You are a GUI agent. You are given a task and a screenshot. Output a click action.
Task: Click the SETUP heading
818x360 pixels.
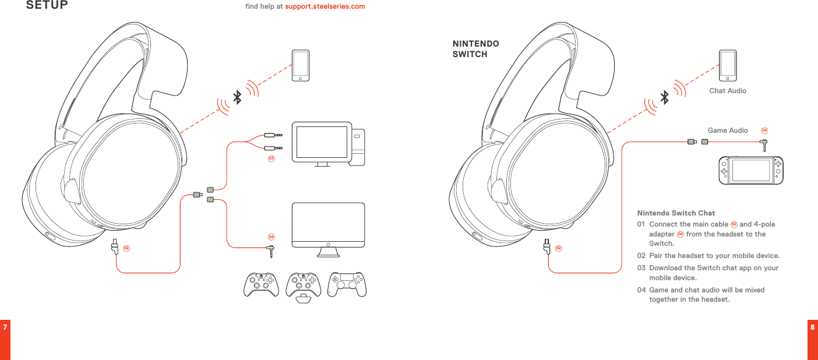[x=47, y=6]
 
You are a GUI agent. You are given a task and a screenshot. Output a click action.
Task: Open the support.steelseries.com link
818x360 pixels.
[x=325, y=6]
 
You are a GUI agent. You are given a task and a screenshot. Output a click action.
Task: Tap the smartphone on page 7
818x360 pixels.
[x=301, y=65]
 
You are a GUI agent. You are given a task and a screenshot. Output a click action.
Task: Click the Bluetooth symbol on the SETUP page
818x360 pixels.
[x=237, y=97]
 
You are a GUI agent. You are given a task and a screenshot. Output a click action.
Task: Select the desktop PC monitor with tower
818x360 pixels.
[x=329, y=143]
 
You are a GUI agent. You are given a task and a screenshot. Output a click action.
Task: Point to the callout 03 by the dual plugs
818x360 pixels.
[x=271, y=158]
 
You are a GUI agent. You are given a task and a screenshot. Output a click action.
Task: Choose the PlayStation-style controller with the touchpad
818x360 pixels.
[x=347, y=284]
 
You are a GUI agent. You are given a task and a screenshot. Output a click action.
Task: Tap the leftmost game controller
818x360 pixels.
[x=261, y=284]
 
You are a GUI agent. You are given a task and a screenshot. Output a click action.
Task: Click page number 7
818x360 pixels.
[x=5, y=327]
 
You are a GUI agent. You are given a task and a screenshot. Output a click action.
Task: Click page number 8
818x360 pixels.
[x=812, y=327]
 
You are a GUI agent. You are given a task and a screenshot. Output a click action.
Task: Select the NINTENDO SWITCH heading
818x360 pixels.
[x=475, y=49]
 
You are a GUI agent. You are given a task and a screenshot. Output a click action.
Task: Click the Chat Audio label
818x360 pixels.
[x=727, y=91]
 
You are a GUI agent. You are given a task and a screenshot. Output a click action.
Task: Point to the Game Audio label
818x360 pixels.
[x=727, y=130]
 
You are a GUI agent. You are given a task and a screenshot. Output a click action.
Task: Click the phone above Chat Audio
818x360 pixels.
[x=727, y=65]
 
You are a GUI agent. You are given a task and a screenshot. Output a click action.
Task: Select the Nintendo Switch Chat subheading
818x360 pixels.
[x=676, y=213]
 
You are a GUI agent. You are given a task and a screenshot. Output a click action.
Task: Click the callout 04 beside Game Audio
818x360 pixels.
[x=764, y=130]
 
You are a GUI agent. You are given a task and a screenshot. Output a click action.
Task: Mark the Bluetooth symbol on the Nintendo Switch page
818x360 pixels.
[x=664, y=97]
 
